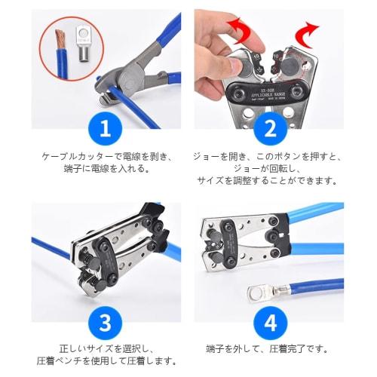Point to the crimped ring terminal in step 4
pyautogui.click(x=264, y=290)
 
